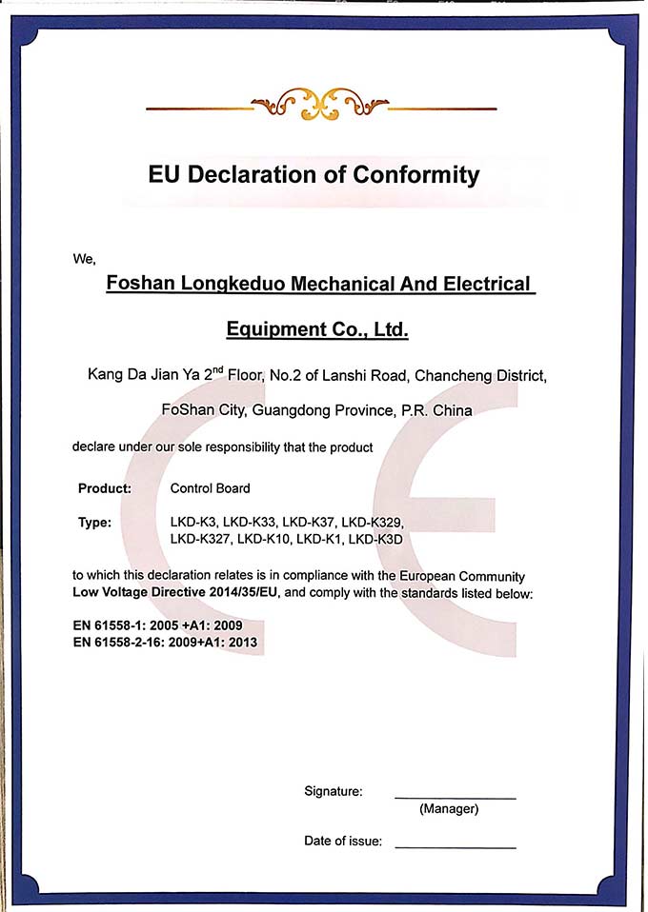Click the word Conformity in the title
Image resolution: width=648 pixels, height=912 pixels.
click(x=416, y=175)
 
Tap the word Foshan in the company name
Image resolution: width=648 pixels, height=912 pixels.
click(x=139, y=284)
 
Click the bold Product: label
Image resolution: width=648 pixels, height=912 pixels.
click(x=105, y=488)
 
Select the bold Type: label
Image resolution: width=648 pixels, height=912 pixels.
click(x=95, y=523)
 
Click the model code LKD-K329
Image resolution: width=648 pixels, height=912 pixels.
click(x=374, y=523)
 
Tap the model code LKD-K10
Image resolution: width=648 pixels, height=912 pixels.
click(x=263, y=539)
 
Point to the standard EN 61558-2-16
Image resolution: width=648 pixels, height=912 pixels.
click(x=125, y=643)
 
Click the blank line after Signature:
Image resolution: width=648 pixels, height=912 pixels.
click(x=455, y=796)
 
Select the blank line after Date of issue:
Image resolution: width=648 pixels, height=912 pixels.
click(x=455, y=846)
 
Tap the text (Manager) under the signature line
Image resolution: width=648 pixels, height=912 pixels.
click(x=449, y=809)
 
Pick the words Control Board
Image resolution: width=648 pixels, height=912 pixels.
click(x=210, y=488)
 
